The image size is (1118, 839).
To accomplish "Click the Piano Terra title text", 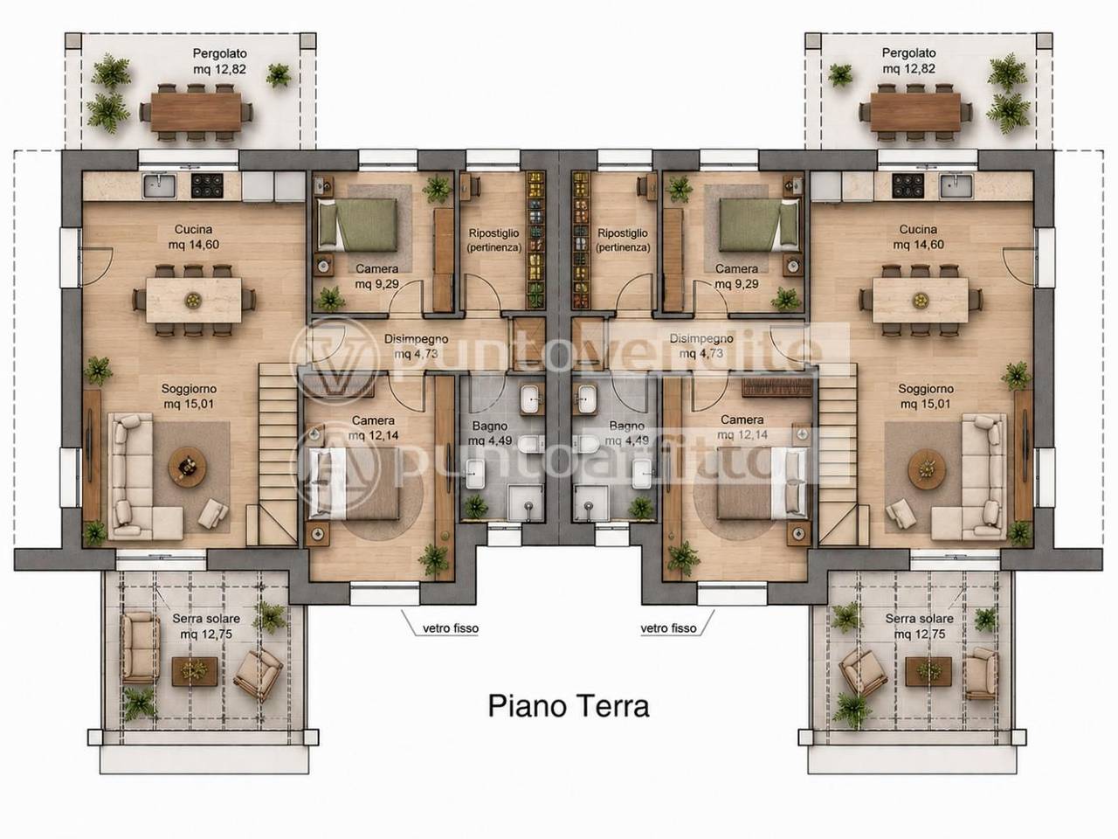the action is click(x=569, y=706).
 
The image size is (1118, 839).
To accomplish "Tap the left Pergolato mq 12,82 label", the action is click(x=219, y=61).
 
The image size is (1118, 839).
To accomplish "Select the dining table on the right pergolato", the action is click(x=914, y=111).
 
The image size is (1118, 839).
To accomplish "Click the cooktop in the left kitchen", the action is click(x=207, y=186).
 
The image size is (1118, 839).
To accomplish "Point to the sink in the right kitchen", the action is click(x=956, y=186).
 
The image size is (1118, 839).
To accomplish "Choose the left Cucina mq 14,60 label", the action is click(x=194, y=237).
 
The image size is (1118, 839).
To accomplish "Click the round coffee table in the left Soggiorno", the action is click(x=188, y=467).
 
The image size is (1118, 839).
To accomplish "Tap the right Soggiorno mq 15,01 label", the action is click(x=926, y=396).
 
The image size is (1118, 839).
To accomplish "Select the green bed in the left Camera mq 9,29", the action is click(x=357, y=225).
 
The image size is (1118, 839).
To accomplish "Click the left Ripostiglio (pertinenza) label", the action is click(x=494, y=240).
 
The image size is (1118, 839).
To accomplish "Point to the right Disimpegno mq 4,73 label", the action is click(x=700, y=346).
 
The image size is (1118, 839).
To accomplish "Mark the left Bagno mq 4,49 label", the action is click(x=489, y=433).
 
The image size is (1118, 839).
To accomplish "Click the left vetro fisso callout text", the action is click(x=451, y=628).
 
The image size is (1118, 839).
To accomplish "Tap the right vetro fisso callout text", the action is click(x=668, y=628).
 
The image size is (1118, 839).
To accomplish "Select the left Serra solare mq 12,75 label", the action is click(x=206, y=626).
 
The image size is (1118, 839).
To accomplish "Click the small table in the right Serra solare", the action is click(x=928, y=671).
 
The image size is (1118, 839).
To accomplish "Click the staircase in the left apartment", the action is click(x=278, y=454).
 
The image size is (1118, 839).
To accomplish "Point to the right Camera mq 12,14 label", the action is click(x=742, y=426).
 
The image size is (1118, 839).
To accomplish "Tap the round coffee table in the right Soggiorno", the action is click(x=927, y=469).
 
